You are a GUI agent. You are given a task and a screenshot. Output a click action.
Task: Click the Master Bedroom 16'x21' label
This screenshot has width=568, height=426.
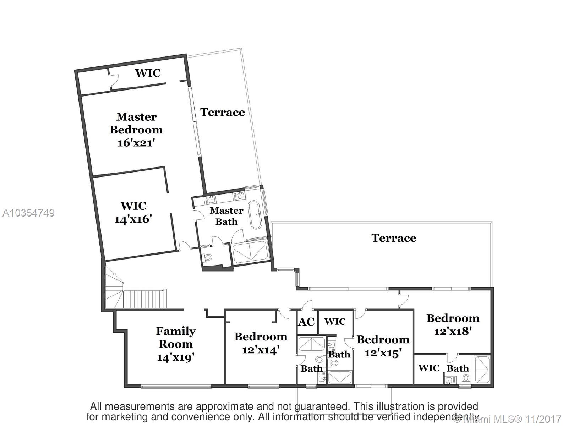(x=136, y=130)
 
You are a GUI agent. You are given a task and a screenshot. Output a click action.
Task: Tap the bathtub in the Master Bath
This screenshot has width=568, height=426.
(x=255, y=215)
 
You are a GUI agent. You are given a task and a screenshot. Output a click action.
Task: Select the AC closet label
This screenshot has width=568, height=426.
(x=306, y=322)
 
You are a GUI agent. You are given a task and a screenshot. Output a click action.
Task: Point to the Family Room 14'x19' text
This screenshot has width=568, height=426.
(x=176, y=344)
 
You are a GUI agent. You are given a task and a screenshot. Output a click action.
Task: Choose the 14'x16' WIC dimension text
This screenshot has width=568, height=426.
(x=133, y=219)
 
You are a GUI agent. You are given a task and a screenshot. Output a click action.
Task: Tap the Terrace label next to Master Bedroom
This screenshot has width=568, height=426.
(x=223, y=112)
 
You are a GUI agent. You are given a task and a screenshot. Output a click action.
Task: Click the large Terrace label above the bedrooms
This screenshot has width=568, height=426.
(x=394, y=238)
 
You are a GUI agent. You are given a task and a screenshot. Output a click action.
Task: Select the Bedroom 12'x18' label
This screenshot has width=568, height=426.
(x=453, y=324)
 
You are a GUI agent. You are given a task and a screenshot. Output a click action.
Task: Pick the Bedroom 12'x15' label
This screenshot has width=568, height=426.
(x=383, y=346)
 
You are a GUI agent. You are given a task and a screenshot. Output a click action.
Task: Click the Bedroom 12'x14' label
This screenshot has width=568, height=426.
(x=261, y=343)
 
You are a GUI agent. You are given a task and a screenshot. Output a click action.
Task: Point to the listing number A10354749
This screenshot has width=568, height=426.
(x=28, y=213)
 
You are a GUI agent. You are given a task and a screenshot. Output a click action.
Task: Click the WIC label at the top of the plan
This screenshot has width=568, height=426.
(x=148, y=73)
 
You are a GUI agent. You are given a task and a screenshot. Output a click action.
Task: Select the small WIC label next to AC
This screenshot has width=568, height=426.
(x=335, y=322)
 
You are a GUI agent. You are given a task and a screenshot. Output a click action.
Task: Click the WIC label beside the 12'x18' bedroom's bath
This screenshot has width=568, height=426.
(x=429, y=368)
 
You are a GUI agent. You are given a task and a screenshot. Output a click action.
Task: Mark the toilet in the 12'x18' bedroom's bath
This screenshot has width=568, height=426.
(x=466, y=378)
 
